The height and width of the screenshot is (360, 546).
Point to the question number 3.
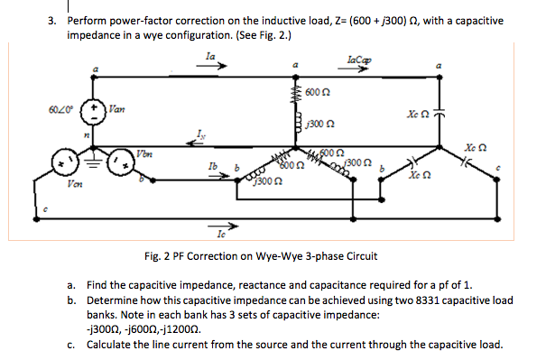(53, 20)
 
